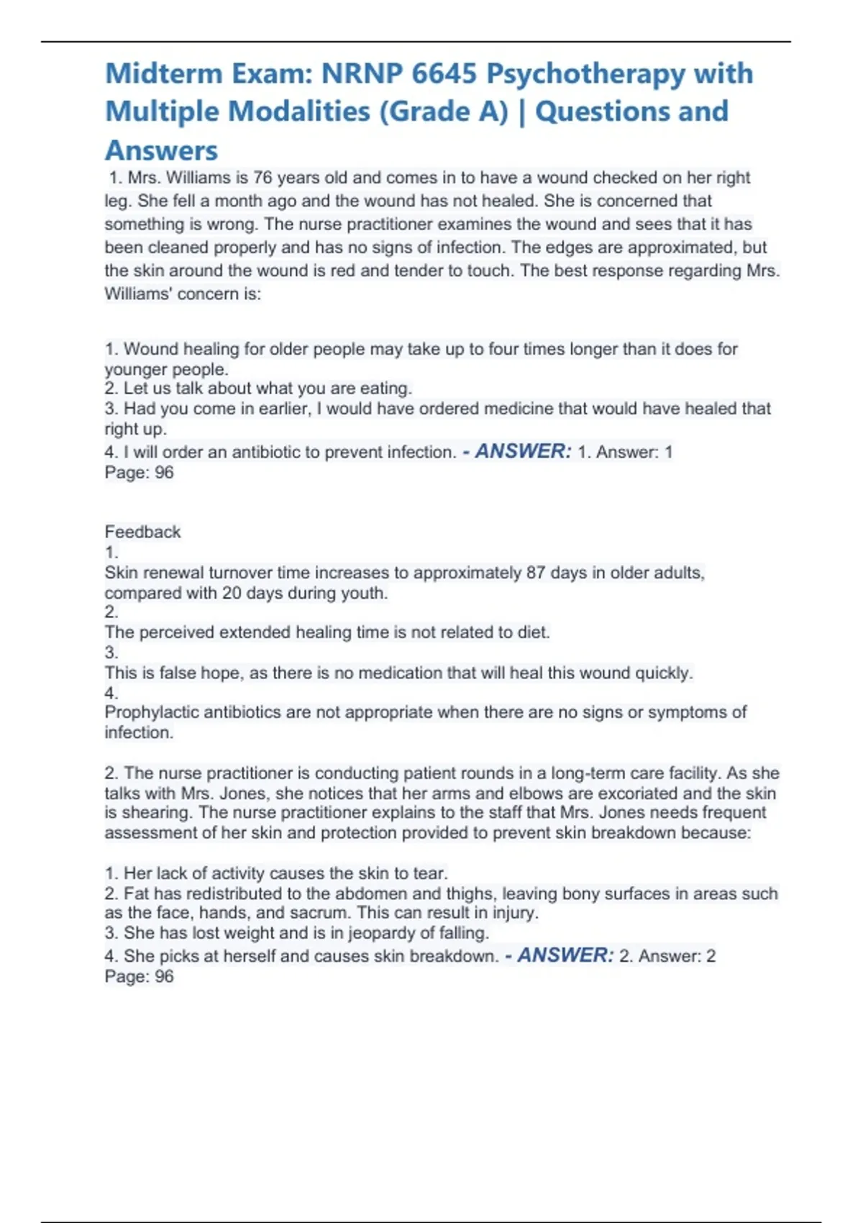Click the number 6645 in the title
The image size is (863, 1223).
444,74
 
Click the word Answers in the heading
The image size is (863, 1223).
161,151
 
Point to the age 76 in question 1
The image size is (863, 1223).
262,178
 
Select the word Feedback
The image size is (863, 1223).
142,532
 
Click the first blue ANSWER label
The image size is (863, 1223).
523,451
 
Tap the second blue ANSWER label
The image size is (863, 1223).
565,955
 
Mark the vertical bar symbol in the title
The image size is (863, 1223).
521,112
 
